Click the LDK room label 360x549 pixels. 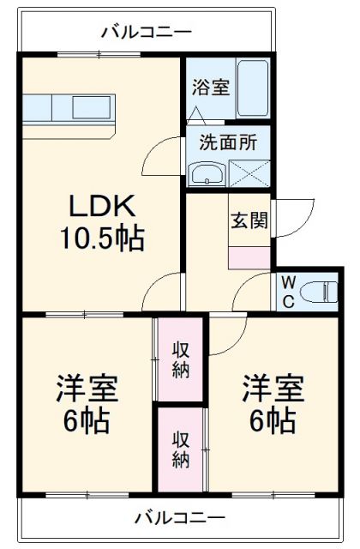[x=100, y=206]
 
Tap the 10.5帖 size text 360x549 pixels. [x=100, y=237]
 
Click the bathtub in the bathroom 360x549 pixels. [x=252, y=90]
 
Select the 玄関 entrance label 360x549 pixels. [x=249, y=219]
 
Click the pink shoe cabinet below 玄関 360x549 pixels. [x=249, y=256]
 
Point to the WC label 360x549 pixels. [x=286, y=291]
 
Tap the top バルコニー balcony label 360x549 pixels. [x=147, y=33]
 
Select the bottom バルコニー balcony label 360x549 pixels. [x=179, y=518]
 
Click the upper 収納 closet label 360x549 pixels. [x=181, y=359]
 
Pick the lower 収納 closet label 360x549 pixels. [x=181, y=448]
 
